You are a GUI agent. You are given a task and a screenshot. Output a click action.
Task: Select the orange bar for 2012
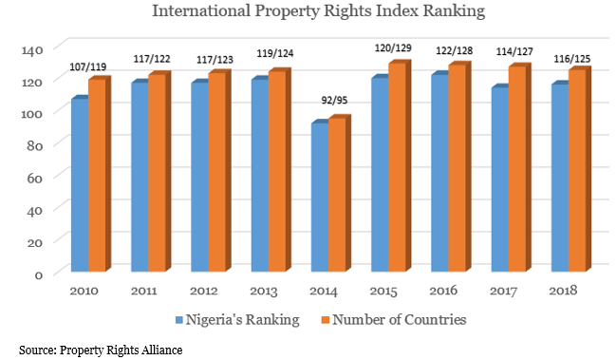[x=216, y=174]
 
